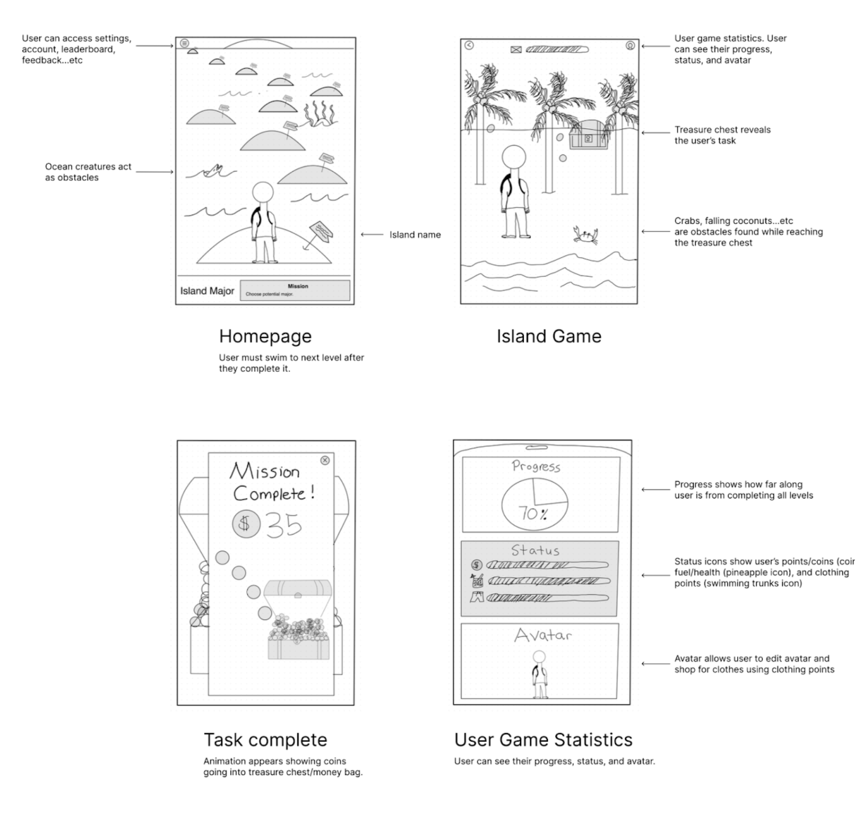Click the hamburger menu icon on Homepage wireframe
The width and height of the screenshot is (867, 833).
click(184, 43)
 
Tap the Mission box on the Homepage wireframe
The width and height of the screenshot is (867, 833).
click(295, 290)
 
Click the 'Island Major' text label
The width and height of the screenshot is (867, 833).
click(207, 291)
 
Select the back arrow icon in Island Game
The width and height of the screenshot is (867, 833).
click(469, 46)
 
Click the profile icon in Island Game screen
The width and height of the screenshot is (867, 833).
click(630, 46)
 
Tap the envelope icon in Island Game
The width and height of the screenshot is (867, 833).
click(516, 50)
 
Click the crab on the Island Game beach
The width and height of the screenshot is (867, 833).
click(585, 235)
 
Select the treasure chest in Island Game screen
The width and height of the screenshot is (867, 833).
click(588, 135)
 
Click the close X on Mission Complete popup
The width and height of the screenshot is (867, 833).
click(325, 460)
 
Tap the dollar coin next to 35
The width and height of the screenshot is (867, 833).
click(246, 523)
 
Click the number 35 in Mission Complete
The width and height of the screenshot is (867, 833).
click(284, 525)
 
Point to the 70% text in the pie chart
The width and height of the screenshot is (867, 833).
click(532, 514)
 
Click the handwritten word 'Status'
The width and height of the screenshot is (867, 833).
click(535, 550)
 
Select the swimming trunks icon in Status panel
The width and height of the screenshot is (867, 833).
click(476, 597)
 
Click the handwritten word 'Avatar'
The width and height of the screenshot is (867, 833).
click(542, 635)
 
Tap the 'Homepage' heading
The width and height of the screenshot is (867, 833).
click(265, 336)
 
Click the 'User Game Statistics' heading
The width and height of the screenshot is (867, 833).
click(543, 740)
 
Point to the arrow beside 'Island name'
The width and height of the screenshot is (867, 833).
click(372, 235)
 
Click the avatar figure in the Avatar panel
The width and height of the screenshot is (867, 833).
click(539, 675)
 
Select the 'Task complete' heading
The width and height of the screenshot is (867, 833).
click(265, 740)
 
